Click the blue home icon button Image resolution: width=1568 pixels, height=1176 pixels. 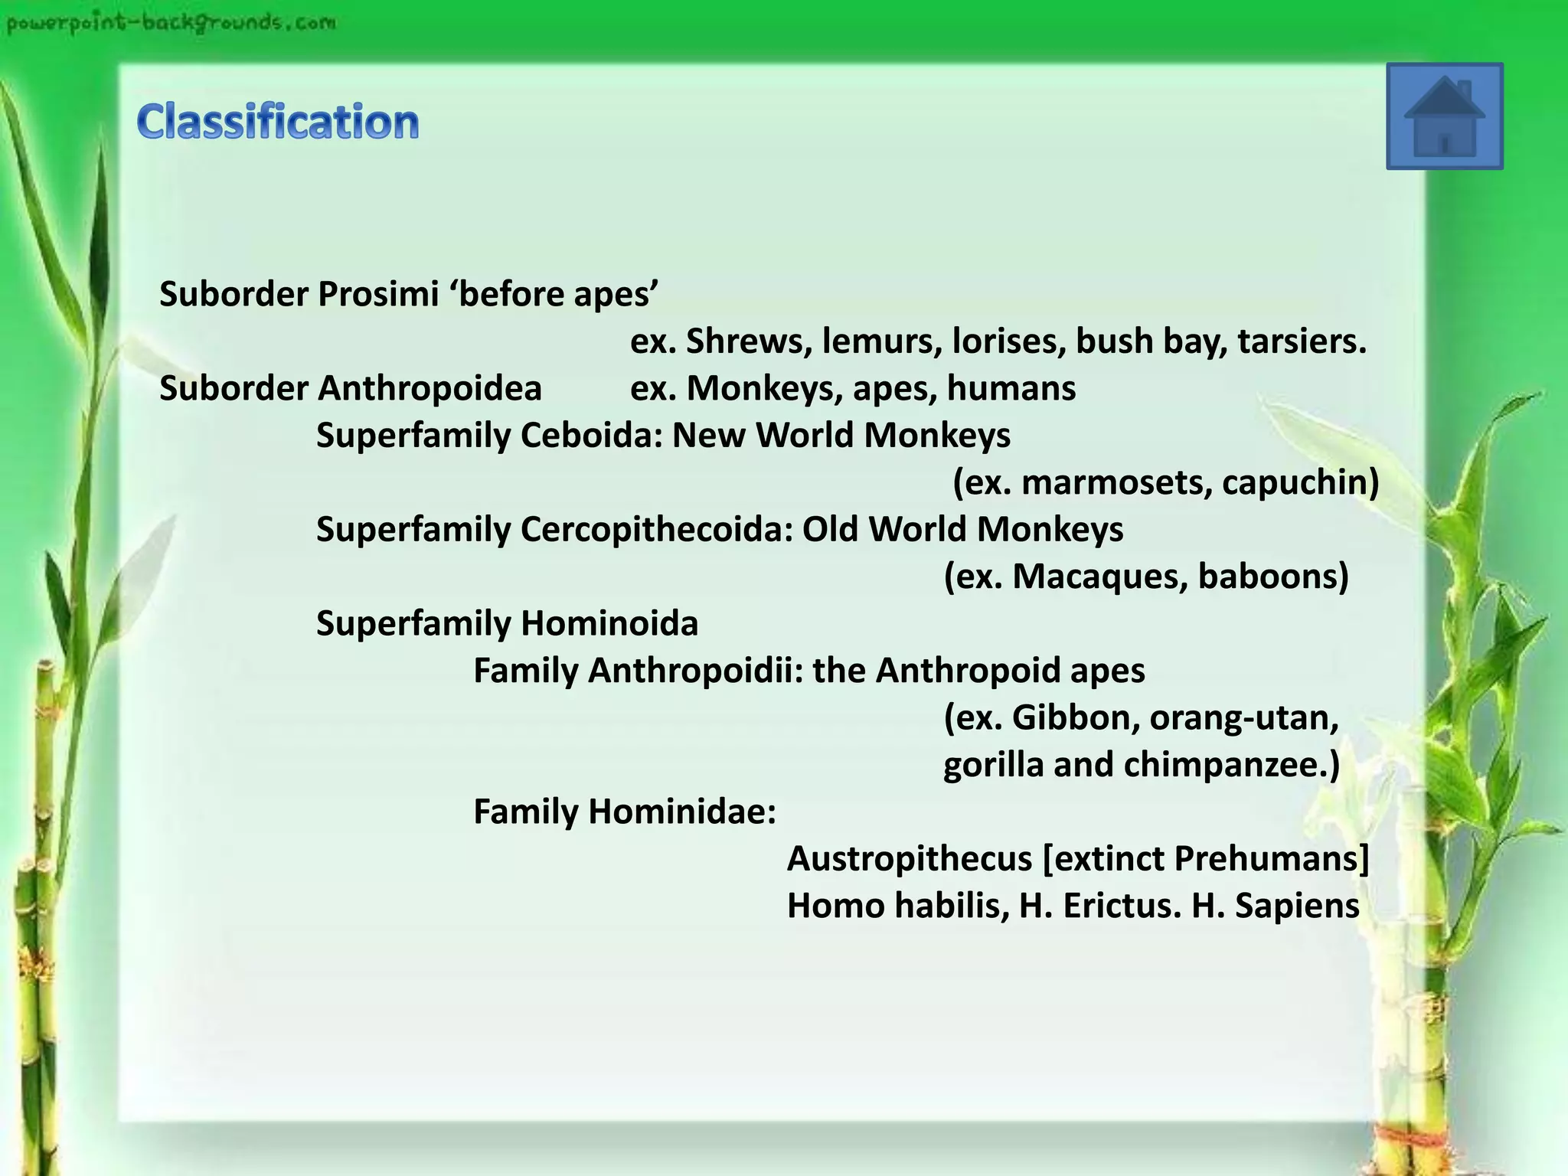(1444, 116)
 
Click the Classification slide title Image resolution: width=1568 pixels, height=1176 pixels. (278, 122)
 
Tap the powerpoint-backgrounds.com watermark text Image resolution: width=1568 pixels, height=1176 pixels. (171, 23)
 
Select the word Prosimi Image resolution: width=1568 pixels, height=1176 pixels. (378, 295)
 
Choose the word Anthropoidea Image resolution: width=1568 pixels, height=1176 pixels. (430, 389)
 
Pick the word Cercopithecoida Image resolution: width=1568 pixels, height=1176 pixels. (656, 530)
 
